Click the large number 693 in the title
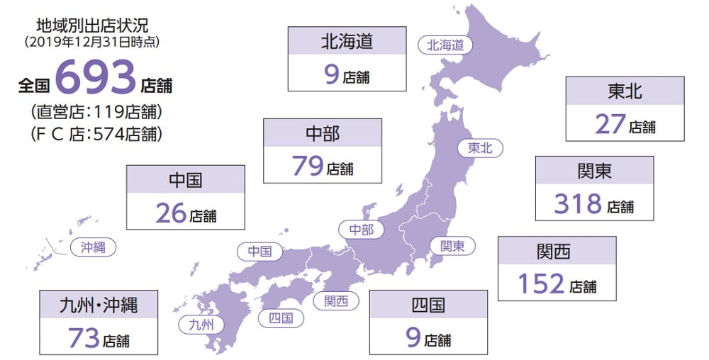point(95,79)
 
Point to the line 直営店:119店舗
point(96,112)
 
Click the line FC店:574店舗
point(96,133)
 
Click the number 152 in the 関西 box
point(541,284)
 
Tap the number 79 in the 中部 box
point(308,167)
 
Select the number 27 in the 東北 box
point(610,124)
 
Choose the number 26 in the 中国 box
point(171,213)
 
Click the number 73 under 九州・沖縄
point(84,337)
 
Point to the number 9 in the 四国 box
point(414,337)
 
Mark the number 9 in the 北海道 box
point(332,74)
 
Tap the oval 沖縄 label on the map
point(93,247)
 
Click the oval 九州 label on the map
point(201,325)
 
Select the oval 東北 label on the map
point(480,148)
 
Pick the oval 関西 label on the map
point(336,300)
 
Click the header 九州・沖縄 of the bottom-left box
point(99,305)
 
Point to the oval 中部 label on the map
point(361,230)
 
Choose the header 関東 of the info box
point(594,171)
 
